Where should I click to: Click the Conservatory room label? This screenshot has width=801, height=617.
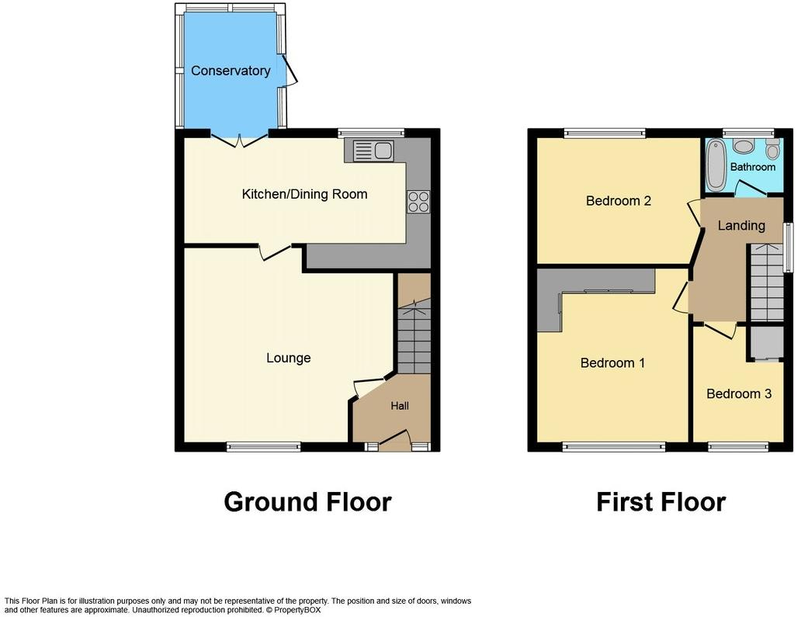[x=231, y=71]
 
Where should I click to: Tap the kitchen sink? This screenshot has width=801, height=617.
[x=373, y=151]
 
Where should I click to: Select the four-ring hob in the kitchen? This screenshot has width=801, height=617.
[x=418, y=202]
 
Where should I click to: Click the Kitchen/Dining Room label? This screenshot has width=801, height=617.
[x=304, y=194]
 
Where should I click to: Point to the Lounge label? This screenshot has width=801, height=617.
[x=288, y=358]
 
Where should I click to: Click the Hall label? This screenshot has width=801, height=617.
[x=399, y=405]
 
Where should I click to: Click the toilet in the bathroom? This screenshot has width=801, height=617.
[x=772, y=148]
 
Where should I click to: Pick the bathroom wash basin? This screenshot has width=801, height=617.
[x=744, y=145]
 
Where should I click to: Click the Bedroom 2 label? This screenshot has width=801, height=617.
[x=618, y=201]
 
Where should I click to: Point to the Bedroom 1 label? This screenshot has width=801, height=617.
[x=612, y=362]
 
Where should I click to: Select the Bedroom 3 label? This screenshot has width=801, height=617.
[x=738, y=393]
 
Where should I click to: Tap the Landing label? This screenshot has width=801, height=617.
[x=740, y=225]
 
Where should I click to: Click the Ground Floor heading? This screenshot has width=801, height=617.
[x=307, y=502]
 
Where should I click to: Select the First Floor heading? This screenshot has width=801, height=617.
[x=661, y=502]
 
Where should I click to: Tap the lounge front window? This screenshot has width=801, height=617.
[x=264, y=446]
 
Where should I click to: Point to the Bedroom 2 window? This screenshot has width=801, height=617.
[x=604, y=133]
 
